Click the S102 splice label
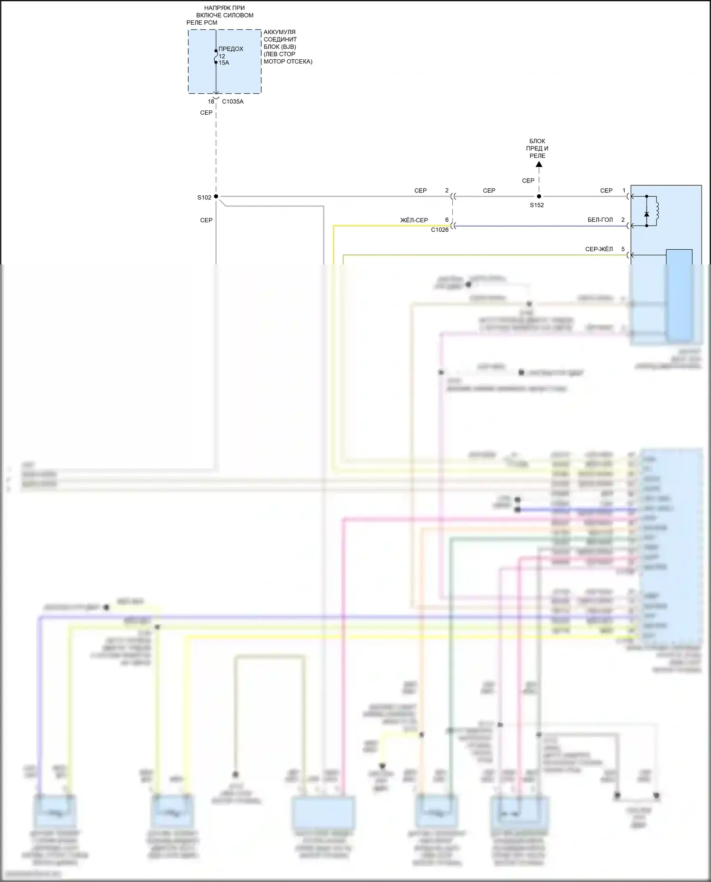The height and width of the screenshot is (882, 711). (204, 198)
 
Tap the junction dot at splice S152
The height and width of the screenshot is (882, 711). (539, 196)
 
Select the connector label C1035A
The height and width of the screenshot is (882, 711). (233, 101)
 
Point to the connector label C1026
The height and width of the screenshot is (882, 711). (439, 230)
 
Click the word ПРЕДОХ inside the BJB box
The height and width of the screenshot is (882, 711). (231, 49)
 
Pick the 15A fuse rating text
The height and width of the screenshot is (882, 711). (224, 63)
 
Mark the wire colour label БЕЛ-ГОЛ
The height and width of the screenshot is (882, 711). (600, 220)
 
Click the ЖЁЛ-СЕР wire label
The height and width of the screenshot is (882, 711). (414, 220)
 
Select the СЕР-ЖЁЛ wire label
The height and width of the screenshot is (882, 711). (599, 249)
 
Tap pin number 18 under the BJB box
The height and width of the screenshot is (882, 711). (211, 101)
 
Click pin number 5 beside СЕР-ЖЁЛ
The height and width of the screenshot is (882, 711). (623, 249)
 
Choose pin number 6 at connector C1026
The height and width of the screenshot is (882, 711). (447, 220)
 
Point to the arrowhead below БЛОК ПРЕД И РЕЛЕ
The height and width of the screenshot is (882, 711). (538, 164)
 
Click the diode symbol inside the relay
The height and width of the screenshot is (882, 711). (647, 214)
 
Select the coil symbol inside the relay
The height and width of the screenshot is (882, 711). (657, 210)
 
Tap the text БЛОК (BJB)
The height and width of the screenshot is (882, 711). (280, 47)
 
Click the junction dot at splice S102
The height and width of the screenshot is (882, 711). (216, 196)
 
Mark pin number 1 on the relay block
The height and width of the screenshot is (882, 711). (624, 191)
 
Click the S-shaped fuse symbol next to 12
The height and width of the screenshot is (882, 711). (216, 56)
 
